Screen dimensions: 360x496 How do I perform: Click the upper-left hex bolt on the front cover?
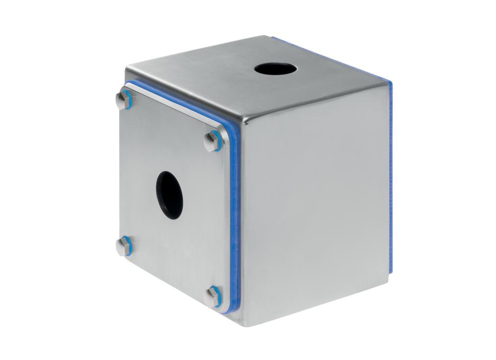[x=124, y=99]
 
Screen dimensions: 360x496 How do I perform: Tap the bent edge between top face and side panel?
[x=317, y=105]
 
